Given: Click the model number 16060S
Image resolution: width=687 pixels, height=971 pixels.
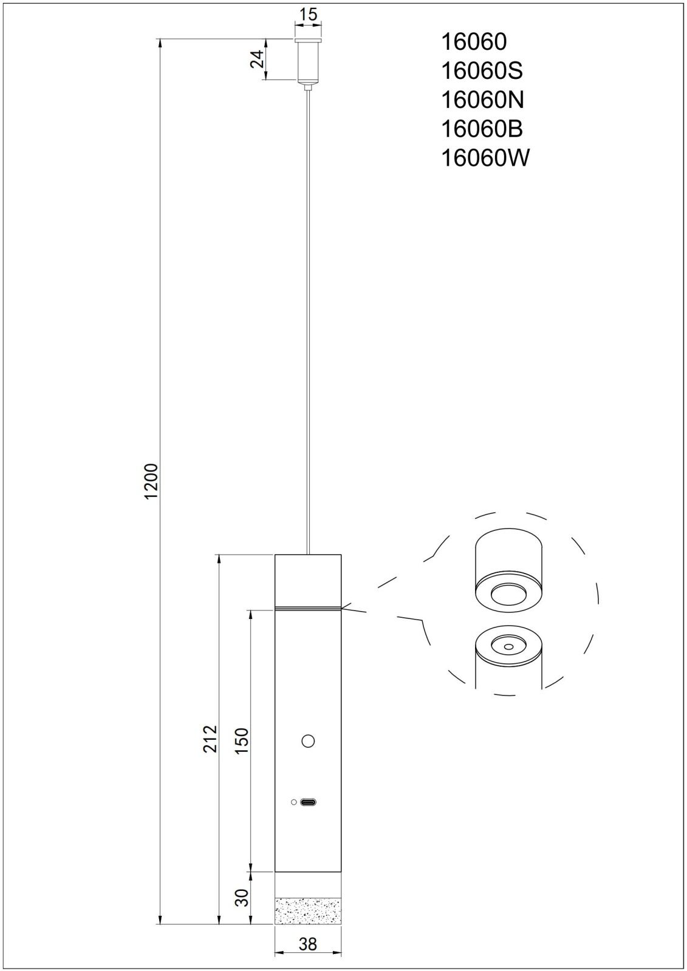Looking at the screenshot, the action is pos(482,70).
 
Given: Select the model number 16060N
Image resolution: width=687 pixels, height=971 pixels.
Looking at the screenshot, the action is pos(482,100).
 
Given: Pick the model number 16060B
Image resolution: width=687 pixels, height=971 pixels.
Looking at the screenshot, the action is pos(482,129).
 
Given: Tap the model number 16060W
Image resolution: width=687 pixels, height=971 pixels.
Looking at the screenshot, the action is pos(485,158).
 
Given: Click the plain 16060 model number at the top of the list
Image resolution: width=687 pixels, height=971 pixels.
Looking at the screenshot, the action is pos(474,42).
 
